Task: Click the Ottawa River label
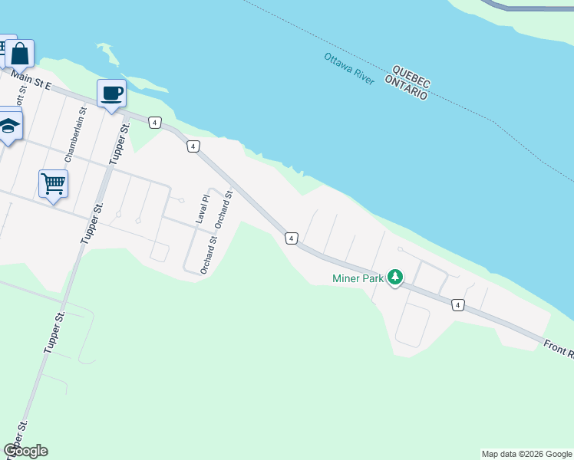(x=348, y=69)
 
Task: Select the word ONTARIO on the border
(x=406, y=87)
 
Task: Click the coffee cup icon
(x=111, y=94)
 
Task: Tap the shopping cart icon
(x=53, y=184)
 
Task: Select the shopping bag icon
(x=20, y=54)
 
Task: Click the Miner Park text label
(x=358, y=278)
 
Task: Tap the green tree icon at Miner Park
(x=394, y=277)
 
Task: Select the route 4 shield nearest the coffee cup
(x=155, y=123)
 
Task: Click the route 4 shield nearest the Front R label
(x=457, y=305)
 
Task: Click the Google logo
(x=26, y=451)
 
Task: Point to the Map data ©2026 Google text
(x=526, y=454)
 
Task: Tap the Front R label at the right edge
(x=559, y=350)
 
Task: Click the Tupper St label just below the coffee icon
(x=117, y=143)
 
